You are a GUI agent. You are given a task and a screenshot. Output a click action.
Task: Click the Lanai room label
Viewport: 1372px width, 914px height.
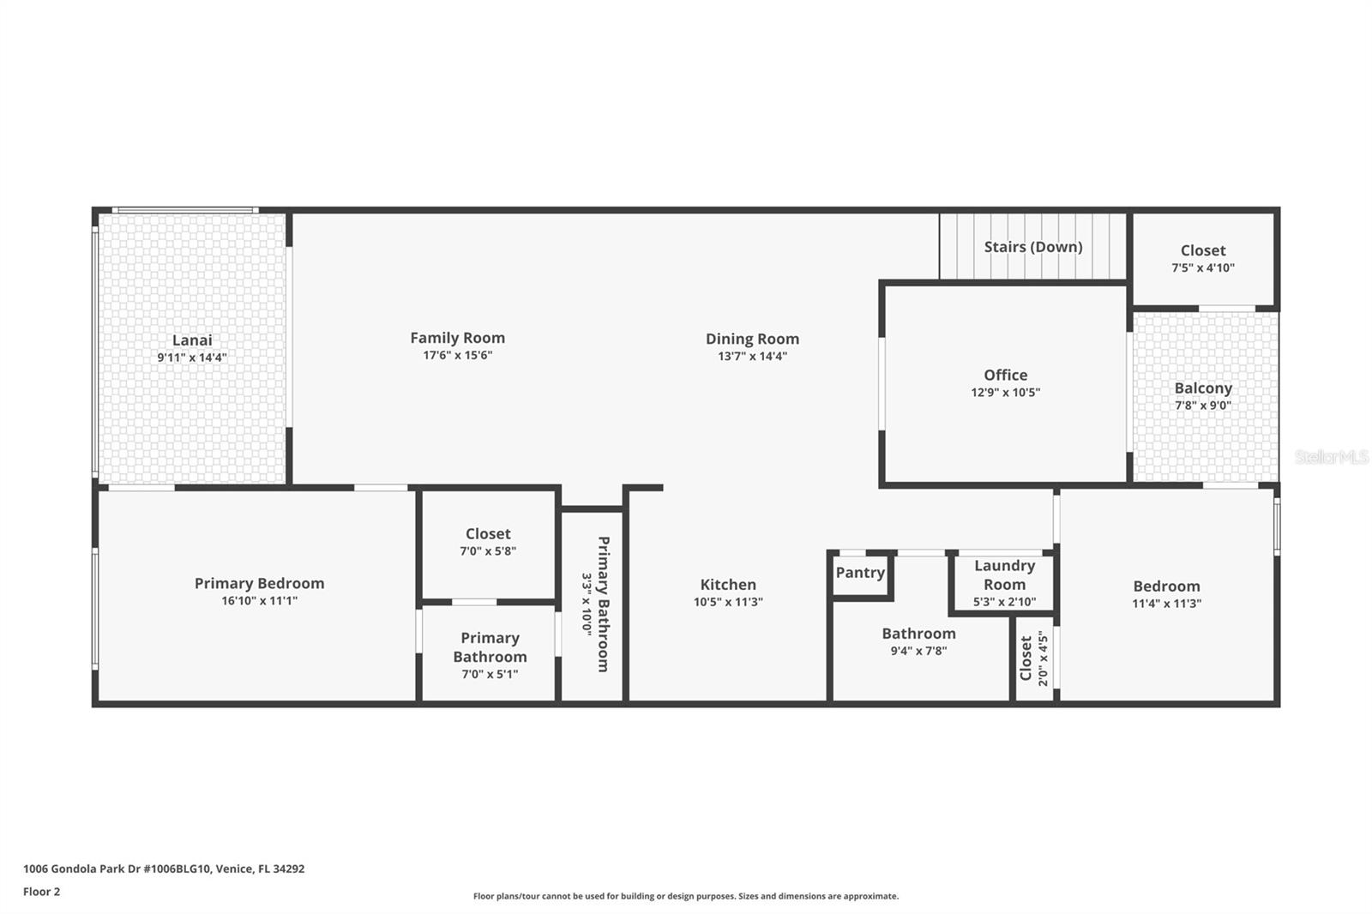click(x=192, y=340)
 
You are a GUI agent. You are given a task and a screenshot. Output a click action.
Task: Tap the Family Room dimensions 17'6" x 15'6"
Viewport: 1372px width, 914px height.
click(x=458, y=355)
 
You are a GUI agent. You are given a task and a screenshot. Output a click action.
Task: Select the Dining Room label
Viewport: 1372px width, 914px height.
click(x=752, y=339)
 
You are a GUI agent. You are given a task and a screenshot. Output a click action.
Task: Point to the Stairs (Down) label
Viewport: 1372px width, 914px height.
click(x=1033, y=247)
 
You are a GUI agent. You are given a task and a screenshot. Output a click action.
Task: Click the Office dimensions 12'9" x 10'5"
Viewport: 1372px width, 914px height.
click(x=1005, y=392)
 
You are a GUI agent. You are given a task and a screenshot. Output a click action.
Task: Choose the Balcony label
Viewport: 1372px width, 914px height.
click(x=1203, y=388)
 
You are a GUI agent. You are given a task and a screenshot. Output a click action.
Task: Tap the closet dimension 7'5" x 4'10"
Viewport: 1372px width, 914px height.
click(x=1203, y=268)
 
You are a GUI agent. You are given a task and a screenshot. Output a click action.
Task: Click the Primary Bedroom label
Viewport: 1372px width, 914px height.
click(x=259, y=583)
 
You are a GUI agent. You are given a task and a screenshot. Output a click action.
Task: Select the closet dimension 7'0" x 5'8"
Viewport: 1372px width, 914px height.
click(x=488, y=550)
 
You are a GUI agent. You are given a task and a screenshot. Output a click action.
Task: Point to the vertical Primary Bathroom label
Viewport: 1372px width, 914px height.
click(x=604, y=604)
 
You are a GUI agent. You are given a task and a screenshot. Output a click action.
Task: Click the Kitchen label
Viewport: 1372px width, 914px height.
click(x=728, y=585)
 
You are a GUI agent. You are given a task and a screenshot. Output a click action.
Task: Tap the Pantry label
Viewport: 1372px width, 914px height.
click(x=860, y=573)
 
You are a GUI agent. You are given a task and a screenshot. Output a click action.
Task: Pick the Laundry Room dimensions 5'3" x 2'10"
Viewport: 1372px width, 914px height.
click(x=1004, y=602)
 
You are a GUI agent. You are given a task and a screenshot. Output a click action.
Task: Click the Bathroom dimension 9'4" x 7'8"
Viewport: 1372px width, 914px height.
click(x=918, y=651)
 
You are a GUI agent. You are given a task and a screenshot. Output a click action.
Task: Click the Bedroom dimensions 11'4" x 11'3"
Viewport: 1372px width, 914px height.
click(x=1166, y=604)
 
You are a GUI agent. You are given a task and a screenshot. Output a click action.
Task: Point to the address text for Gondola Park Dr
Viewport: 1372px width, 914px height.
click(x=164, y=869)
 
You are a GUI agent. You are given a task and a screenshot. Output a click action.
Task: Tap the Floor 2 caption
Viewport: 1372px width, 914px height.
click(x=42, y=892)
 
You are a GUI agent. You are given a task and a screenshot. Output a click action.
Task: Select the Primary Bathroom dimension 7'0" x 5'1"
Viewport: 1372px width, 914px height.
click(x=490, y=674)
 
